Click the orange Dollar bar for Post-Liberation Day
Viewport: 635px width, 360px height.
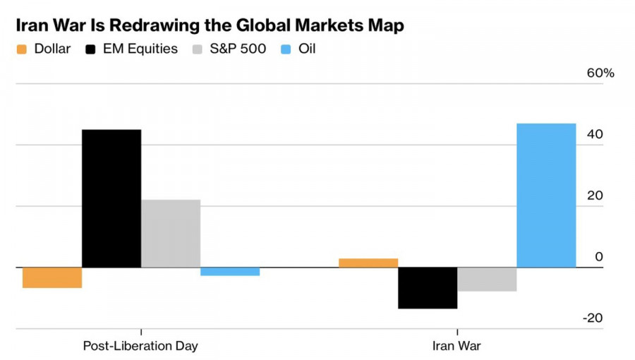52,277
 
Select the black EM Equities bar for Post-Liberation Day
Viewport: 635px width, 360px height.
111,198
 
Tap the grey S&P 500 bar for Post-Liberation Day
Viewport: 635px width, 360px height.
171,234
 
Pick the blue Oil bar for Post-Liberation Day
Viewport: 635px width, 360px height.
230,272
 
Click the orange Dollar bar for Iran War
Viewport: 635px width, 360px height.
368,263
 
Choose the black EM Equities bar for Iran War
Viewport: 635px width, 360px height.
428,288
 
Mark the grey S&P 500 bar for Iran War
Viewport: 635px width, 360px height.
487,280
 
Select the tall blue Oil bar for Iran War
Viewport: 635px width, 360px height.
546,196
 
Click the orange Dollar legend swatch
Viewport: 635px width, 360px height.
21,50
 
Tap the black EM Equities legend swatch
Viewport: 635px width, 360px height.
91,50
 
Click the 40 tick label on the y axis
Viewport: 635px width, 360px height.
595,135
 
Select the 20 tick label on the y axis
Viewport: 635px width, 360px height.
595,196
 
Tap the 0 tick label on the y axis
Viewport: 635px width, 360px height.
599,257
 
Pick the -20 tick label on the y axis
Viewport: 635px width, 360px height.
593,318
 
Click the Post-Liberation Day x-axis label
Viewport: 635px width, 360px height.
140,346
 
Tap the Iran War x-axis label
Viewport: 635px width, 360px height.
456,346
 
